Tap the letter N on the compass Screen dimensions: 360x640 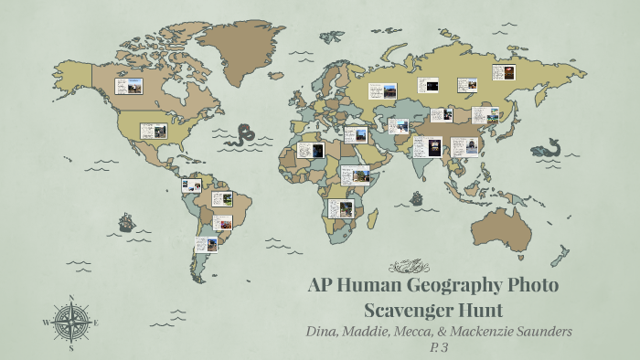coord(71,297)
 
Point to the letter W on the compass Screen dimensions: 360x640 coord(46,323)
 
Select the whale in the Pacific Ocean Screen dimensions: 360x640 coord(549,146)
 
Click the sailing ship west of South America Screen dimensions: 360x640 coord(125,222)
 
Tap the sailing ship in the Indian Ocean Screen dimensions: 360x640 coord(417,197)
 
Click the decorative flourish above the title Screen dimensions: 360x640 coord(409,266)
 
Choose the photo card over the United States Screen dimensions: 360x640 coord(153,131)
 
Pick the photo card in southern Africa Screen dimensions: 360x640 coord(340,208)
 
